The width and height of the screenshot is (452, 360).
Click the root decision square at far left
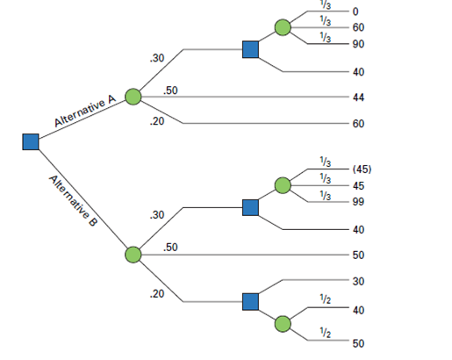31,141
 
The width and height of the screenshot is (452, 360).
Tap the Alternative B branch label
74,200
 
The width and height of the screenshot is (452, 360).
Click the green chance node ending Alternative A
133,97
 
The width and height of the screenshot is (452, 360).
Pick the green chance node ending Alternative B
133,255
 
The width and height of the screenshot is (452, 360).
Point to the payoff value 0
355,11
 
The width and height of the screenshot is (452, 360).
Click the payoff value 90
358,44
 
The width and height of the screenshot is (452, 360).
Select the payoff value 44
358,97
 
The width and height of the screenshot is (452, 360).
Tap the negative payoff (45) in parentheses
362,169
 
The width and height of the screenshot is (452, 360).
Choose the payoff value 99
358,202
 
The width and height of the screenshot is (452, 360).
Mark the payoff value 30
358,281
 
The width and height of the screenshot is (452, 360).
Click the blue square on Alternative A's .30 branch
251,49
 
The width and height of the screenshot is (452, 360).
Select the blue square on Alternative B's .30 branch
251,207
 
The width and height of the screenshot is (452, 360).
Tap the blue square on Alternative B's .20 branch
251,301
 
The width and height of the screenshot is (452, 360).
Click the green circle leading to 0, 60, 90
283,27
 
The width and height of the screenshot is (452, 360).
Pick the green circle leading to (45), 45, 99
283,185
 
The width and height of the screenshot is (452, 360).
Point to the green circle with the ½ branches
283,324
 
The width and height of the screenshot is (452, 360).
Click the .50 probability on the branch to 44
172,90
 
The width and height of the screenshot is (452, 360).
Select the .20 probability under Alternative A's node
157,121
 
